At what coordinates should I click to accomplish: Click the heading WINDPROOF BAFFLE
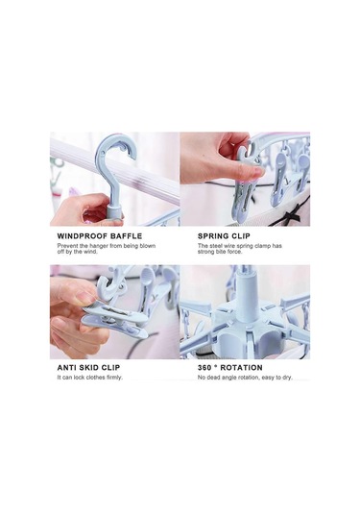pos(100,236)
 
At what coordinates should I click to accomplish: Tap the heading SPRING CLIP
pos(224,236)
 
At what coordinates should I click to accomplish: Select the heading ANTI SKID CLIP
pos(88,367)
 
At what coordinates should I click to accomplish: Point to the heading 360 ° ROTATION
pos(230,367)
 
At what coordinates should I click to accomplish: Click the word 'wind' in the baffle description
pos(91,252)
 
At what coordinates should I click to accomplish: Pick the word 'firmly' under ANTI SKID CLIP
pos(114,378)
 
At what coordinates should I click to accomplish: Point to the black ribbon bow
pos(293,212)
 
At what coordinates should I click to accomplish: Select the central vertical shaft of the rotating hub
pos(243,295)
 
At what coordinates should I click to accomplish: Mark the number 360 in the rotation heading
pos(204,367)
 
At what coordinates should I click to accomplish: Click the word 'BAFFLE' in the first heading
pos(127,236)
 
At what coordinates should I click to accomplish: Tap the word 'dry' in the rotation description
pos(287,378)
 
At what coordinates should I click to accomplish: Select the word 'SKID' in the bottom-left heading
pos(88,367)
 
